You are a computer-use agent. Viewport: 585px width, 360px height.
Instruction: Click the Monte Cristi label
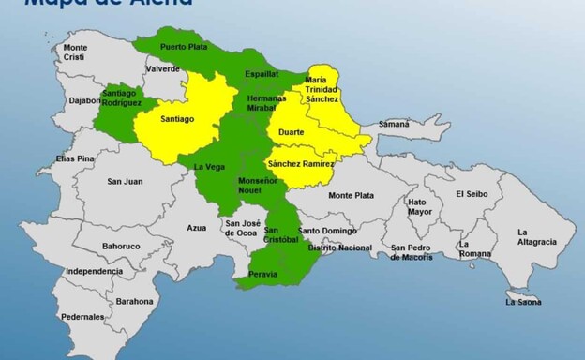75,52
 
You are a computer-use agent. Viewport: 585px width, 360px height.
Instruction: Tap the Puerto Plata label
183,46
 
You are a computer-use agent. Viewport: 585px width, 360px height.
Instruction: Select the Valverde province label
162,68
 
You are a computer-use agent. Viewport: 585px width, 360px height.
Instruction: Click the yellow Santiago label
176,119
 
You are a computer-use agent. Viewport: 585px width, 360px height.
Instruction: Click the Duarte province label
291,132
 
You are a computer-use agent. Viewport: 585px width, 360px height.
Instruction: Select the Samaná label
393,124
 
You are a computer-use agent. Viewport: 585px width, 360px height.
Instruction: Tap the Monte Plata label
352,195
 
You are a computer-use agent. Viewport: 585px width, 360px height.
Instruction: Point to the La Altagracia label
536,236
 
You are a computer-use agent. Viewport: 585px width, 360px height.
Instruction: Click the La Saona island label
523,302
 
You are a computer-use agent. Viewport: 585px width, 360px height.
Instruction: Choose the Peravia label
263,274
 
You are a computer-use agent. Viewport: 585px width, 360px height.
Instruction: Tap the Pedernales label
83,317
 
